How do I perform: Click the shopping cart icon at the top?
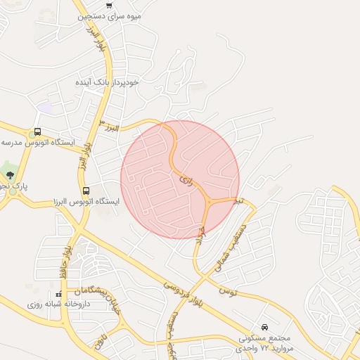click(x=108, y=6)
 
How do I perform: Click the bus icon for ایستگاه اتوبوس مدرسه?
click(x=37, y=131)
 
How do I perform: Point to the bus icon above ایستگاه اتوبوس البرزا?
click(x=86, y=191)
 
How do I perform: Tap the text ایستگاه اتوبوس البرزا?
click(x=85, y=202)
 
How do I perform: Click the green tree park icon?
click(x=8, y=172)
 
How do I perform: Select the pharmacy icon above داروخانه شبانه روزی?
click(x=58, y=295)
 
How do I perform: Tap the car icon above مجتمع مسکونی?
click(x=264, y=327)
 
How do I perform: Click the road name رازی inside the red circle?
click(x=186, y=180)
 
